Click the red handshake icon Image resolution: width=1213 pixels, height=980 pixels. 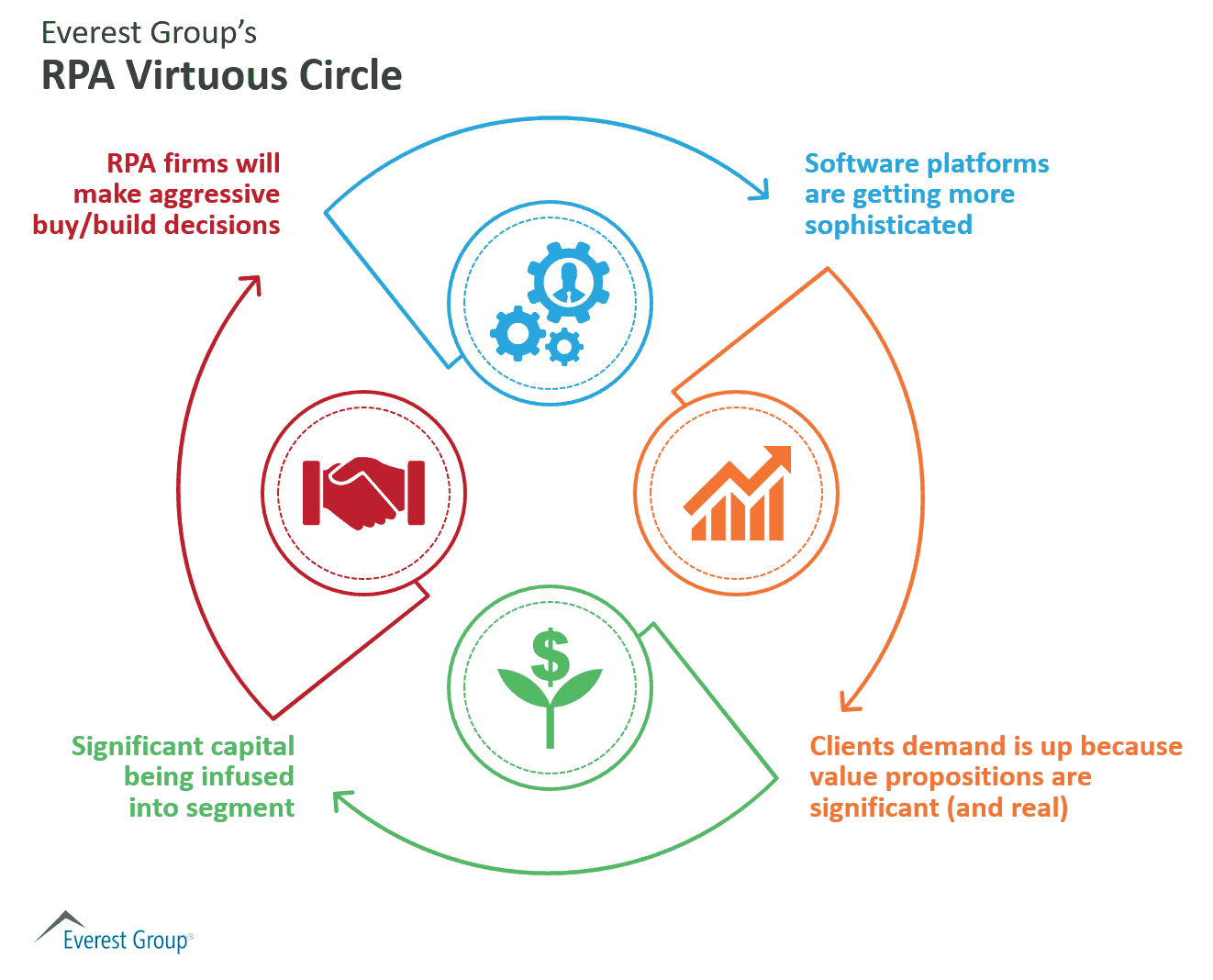pos(363,493)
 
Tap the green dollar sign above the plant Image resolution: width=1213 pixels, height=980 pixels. pos(550,657)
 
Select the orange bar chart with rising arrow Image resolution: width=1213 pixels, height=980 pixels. pos(738,493)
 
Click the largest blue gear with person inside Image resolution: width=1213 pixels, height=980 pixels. pos(568,283)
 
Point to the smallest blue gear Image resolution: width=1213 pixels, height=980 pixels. pos(563,346)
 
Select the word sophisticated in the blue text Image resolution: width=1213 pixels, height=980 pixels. pos(888,226)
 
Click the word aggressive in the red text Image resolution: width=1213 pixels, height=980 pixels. pos(214,195)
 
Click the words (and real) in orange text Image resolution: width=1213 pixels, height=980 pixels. pos(1007,808)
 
